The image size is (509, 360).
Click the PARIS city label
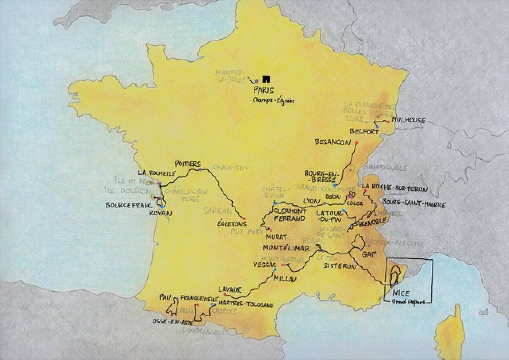[x=263, y=90]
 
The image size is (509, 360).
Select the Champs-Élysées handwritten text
[x=274, y=101]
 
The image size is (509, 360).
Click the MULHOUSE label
[x=408, y=120]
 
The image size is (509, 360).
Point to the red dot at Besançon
[x=356, y=142]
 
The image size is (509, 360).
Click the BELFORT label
[x=364, y=132]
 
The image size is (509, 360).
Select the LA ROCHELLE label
[x=157, y=173]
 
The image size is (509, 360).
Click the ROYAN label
[x=160, y=213]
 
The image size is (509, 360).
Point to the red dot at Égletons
[x=244, y=219]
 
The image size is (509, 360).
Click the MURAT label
[x=277, y=237]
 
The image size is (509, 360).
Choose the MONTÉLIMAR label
[x=286, y=248]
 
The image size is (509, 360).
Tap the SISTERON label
[x=340, y=267]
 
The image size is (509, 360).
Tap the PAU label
[x=165, y=297]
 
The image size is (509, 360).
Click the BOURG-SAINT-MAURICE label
[x=414, y=205]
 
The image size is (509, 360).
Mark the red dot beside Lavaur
[x=225, y=294]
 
